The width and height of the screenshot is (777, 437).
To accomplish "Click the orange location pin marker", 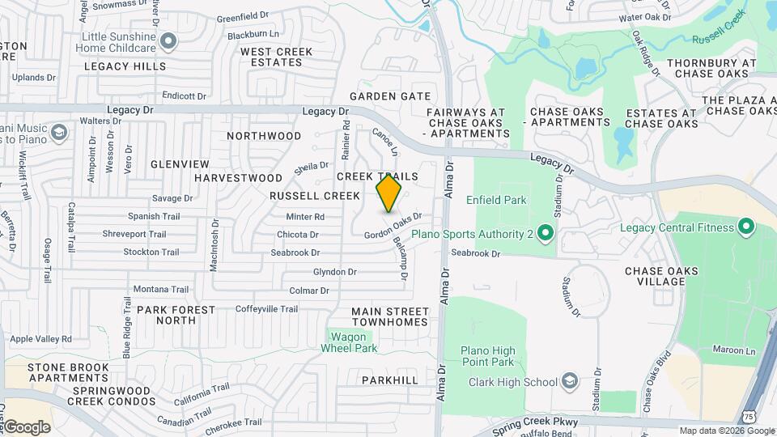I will [x=388, y=193].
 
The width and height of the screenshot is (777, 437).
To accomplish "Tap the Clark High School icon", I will [x=570, y=382].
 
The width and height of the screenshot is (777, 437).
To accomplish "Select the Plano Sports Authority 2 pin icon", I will [x=545, y=235].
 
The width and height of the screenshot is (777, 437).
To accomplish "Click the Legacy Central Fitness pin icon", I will [x=745, y=227].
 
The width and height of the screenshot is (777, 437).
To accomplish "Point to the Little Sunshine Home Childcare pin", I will [x=168, y=40].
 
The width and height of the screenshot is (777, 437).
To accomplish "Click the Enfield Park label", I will [x=496, y=200].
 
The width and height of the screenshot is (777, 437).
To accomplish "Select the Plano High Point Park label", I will [x=488, y=356].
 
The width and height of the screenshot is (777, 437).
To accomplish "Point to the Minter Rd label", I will [x=305, y=217].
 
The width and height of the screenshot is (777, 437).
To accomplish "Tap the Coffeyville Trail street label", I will [x=266, y=309].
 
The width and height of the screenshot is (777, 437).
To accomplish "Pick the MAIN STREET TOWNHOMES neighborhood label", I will [x=389, y=316].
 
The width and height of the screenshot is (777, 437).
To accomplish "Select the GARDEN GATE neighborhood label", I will [x=390, y=96].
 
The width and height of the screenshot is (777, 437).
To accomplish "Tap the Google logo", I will [x=26, y=426].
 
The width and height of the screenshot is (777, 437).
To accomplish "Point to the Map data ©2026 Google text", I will [x=726, y=431].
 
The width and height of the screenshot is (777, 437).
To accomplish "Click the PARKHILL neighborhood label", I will [x=389, y=380].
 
